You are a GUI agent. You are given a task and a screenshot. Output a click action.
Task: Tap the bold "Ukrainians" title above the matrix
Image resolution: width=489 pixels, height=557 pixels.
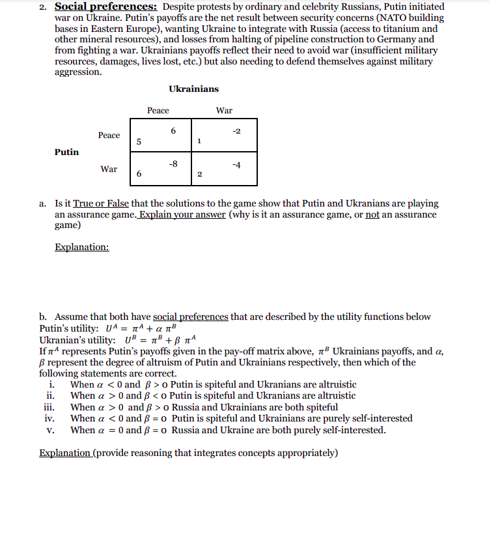tap(194, 89)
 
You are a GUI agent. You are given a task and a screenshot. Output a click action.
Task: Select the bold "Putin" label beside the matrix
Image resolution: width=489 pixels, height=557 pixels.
tap(67, 152)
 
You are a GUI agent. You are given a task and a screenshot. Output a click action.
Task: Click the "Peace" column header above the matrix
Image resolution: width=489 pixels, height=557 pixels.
tap(158, 111)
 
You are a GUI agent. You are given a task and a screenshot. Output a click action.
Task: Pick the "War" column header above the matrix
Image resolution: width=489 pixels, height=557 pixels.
tap(224, 111)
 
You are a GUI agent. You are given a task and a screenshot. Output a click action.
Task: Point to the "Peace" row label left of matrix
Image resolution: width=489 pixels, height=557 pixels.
tap(109, 136)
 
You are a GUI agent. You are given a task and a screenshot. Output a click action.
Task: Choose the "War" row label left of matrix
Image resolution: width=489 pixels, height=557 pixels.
tap(109, 169)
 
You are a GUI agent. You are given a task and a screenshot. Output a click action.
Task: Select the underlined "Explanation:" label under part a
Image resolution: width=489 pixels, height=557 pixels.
tap(82, 247)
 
